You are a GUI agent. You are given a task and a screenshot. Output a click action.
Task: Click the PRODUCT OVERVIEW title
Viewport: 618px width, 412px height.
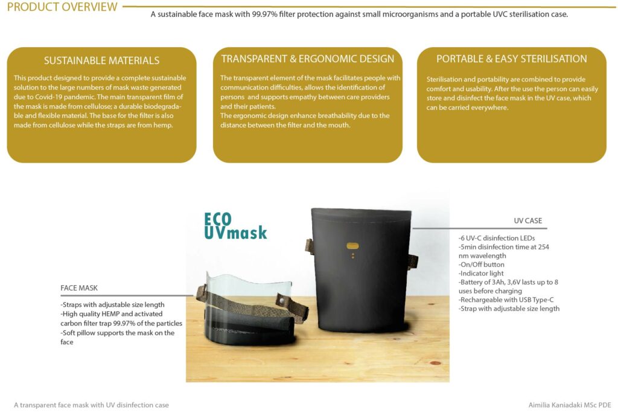[62, 7]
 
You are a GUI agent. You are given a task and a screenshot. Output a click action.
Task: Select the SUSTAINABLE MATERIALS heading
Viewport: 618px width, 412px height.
[101, 60]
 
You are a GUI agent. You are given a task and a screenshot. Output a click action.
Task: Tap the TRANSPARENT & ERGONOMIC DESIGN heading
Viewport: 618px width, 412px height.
[307, 59]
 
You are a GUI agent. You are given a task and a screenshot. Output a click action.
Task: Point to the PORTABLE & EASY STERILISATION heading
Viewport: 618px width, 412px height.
[512, 59]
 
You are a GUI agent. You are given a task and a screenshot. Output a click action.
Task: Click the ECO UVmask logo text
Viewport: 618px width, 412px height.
[235, 226]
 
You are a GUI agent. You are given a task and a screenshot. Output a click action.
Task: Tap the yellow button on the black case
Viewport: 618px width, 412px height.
[352, 246]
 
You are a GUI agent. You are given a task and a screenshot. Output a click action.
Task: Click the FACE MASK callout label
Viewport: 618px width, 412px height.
[79, 288]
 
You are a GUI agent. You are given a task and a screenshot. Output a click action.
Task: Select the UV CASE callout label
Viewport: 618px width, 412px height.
[527, 220]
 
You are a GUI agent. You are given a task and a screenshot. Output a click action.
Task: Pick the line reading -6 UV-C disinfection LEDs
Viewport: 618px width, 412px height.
[497, 238]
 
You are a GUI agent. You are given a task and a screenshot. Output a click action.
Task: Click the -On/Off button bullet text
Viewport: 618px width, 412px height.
[481, 265]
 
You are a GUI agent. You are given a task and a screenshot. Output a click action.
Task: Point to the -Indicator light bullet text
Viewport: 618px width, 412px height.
[481, 273]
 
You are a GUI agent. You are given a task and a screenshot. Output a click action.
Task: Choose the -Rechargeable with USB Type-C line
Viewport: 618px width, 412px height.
[506, 300]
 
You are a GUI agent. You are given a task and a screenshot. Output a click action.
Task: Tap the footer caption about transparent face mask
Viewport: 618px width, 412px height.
[91, 405]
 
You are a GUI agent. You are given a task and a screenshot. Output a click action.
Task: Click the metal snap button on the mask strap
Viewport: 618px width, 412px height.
[281, 301]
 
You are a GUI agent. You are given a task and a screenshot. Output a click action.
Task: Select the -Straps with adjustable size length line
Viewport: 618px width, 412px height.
[112, 304]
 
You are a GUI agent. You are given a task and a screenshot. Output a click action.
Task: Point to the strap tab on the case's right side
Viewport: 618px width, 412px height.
[413, 261]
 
